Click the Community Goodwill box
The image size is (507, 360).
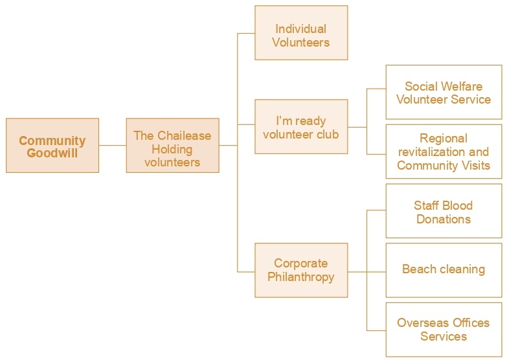click(52, 146)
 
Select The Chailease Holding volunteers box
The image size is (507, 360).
click(172, 146)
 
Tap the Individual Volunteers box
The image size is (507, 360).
click(301, 33)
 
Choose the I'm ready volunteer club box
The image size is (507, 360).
click(301, 126)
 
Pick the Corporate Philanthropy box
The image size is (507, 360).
click(301, 270)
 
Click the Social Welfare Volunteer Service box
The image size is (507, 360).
click(444, 92)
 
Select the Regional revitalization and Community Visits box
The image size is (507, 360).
click(444, 152)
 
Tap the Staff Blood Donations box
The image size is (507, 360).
click(444, 211)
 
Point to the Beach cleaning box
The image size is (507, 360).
click(444, 270)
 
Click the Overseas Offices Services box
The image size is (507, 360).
click(444, 329)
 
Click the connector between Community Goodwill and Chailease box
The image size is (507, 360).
click(113, 146)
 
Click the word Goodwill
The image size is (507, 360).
click(52, 153)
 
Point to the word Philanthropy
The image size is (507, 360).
click(301, 277)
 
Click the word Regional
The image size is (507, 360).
click(444, 138)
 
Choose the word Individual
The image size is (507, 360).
click(301, 28)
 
